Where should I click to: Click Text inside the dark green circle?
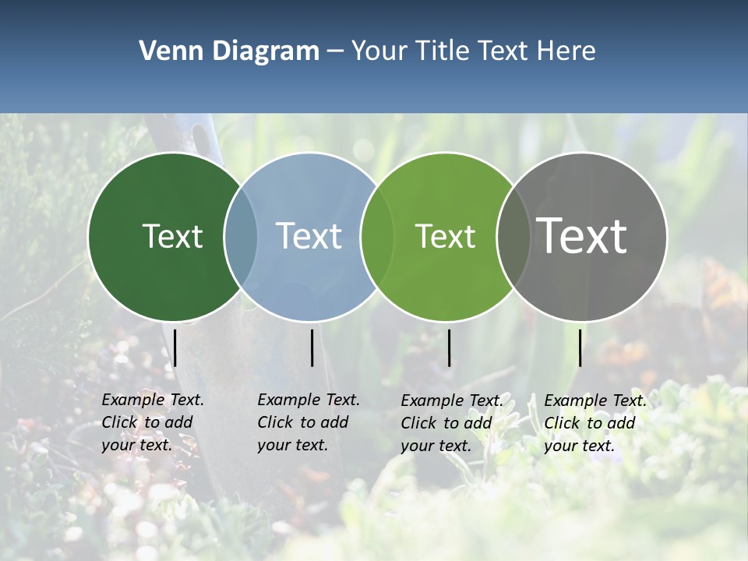[x=172, y=236]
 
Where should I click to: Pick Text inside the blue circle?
[x=309, y=236]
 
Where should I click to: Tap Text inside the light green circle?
[x=445, y=236]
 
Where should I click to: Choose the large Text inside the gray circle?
[x=582, y=236]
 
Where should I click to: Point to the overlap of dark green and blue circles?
[x=241, y=237]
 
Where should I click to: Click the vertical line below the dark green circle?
[x=175, y=348]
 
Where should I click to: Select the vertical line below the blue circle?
[x=312, y=348]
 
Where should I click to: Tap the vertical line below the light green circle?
[x=449, y=348]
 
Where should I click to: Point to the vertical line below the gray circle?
[x=580, y=348]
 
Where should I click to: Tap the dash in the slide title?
[x=334, y=52]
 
